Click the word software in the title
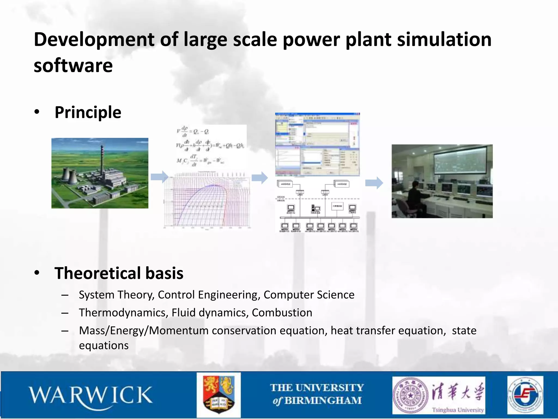tap(73, 66)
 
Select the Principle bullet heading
tap(88, 112)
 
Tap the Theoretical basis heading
tap(119, 273)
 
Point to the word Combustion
tap(282, 313)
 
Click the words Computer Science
tap(309, 295)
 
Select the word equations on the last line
tap(104, 345)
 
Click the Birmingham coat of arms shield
tap(219, 395)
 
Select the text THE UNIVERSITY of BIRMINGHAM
tap(317, 394)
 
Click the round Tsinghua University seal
tap(410, 395)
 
